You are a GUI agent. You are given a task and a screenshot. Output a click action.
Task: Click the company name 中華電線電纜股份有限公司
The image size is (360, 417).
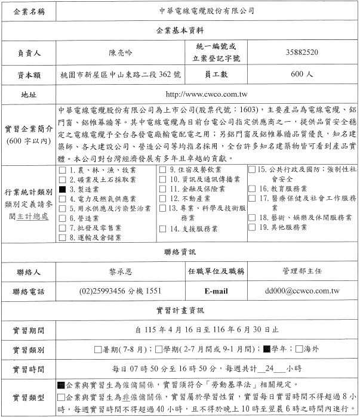pos(207,11)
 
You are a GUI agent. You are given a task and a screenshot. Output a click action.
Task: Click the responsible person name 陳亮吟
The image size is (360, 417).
pos(122,52)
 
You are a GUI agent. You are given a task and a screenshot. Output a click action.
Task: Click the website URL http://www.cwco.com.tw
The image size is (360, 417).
pos(207,95)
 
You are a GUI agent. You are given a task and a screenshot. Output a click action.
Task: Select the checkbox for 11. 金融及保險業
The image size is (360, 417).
pos(164,189)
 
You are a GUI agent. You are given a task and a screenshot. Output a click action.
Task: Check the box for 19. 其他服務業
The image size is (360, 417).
pos(252,227)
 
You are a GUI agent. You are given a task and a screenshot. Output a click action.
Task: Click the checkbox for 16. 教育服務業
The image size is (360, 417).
pos(252,189)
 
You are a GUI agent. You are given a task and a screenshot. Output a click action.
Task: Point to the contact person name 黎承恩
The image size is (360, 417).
pos(121,271)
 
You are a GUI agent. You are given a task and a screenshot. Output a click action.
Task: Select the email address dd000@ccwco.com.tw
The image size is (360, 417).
pos(302,292)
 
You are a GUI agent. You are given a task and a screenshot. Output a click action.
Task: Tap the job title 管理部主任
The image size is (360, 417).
pos(302,271)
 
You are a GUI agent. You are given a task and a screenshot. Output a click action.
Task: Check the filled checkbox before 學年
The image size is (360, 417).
pos(267,348)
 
